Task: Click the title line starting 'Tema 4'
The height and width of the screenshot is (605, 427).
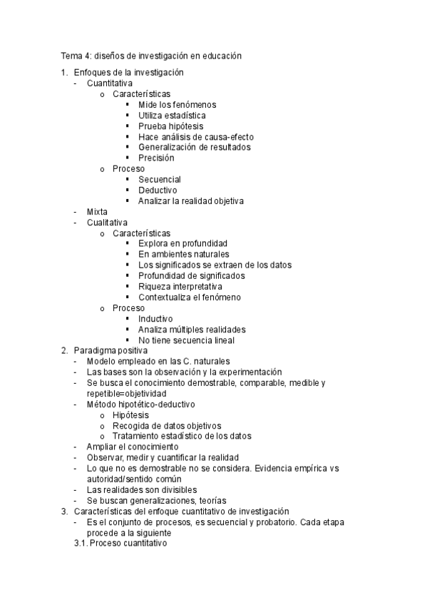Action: (151, 55)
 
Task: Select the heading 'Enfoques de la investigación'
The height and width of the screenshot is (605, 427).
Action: (128, 73)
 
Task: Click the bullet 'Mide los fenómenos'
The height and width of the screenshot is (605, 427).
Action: (177, 105)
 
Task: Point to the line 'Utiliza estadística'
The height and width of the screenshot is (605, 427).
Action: (173, 116)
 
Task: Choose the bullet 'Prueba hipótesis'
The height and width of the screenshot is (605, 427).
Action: (170, 126)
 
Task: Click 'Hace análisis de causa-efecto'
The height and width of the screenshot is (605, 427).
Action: (196, 137)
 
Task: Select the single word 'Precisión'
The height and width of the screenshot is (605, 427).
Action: (156, 158)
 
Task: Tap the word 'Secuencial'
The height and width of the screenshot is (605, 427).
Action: (160, 180)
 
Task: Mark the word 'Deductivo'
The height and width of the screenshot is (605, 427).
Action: (158, 190)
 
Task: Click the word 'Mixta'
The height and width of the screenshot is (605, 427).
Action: (97, 212)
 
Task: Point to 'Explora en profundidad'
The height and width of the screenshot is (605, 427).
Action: (183, 244)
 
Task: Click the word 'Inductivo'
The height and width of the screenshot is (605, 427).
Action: (155, 319)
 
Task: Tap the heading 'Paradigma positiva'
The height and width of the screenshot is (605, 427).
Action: (110, 351)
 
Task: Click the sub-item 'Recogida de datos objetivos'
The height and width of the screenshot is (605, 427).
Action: (167, 425)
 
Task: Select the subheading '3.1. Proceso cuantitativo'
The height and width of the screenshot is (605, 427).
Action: (120, 543)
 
